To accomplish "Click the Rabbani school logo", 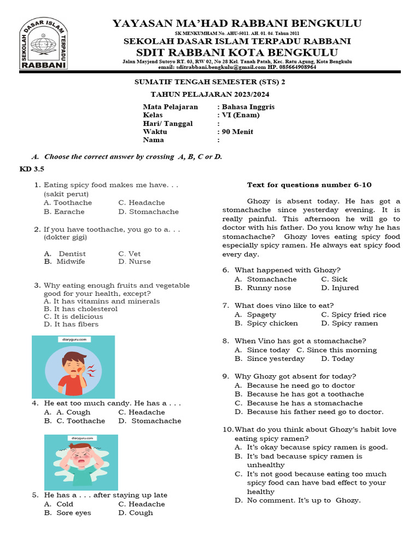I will (44, 43).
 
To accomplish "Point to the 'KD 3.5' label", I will (32, 169).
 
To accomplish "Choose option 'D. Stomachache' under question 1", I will (148, 212).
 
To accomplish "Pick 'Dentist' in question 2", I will (72, 254).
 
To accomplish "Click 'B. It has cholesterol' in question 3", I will (80, 309).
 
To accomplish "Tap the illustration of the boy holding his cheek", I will (73, 366).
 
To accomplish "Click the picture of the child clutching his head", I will (81, 462).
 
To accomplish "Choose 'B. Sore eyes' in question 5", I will (67, 513).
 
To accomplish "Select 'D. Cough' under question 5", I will (135, 513).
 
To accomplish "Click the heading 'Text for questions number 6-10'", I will (309, 185).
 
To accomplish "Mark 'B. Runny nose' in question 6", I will (263, 288).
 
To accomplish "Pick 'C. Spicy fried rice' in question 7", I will (353, 314).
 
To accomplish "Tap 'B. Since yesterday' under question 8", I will (270, 359).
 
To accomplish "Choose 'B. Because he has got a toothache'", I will (299, 394).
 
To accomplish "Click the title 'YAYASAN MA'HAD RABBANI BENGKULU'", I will (237, 23).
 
